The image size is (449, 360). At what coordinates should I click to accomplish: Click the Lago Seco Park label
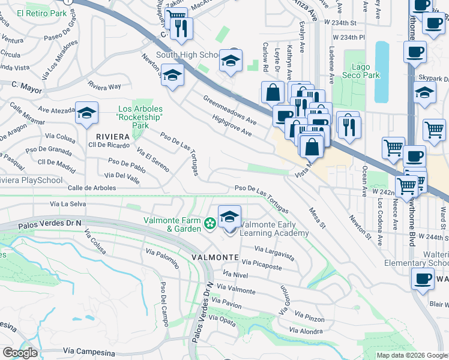[363, 71]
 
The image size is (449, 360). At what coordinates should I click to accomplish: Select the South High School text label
[190, 55]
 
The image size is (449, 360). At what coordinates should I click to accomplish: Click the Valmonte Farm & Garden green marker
[210, 224]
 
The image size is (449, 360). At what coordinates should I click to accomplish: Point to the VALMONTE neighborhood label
[215, 257]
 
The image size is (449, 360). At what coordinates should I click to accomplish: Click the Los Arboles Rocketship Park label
[140, 118]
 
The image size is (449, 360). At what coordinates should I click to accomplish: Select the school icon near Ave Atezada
[87, 113]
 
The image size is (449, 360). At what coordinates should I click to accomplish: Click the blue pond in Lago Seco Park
[382, 72]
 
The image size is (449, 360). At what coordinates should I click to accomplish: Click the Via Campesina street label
[88, 351]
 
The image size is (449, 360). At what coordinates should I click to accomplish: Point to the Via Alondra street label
[306, 331]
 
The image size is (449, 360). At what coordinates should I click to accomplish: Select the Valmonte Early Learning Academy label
[274, 229]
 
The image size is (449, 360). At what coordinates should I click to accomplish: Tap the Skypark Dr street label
[434, 79]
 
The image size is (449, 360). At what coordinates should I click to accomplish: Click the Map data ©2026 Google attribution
[412, 355]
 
